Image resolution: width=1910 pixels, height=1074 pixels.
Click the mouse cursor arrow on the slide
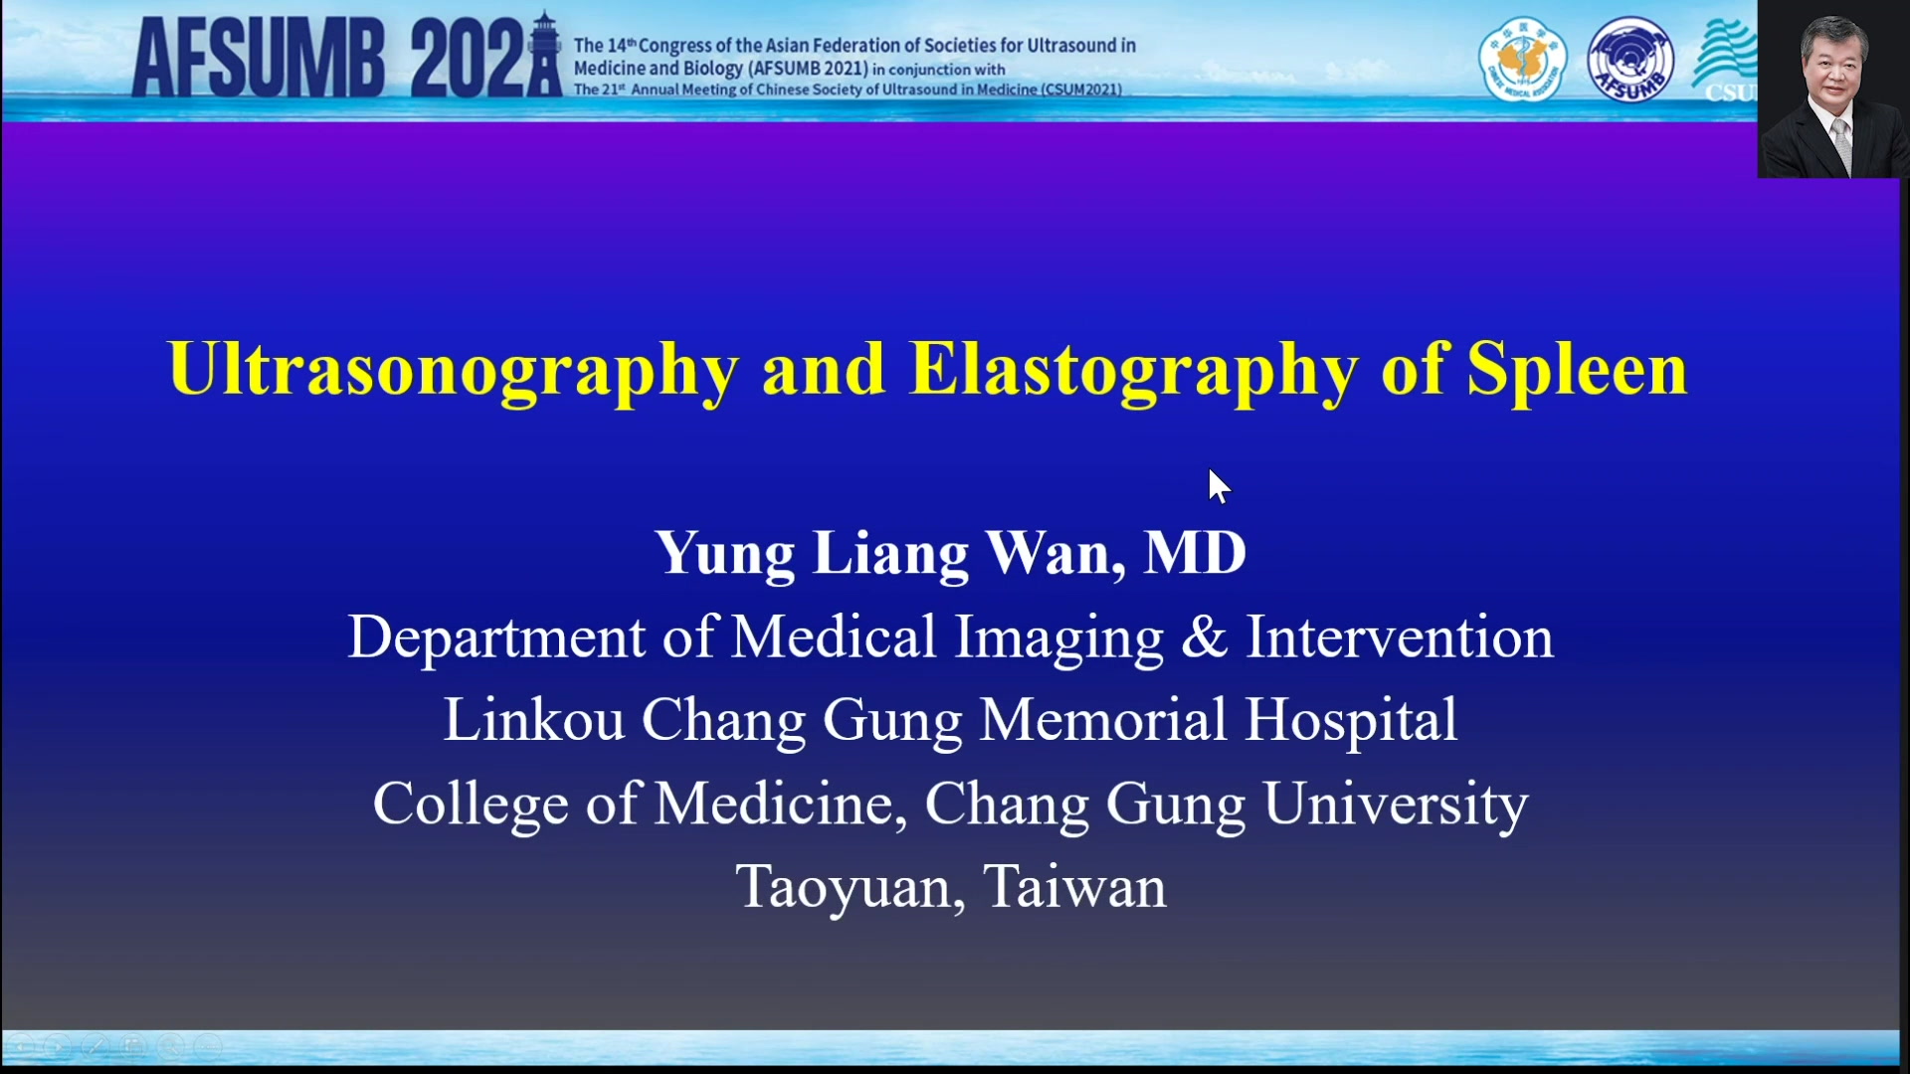click(1219, 486)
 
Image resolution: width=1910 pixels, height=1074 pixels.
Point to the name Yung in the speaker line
click(724, 555)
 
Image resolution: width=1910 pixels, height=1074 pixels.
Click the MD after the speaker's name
click(1195, 553)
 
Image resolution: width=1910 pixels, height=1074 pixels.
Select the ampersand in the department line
click(1205, 637)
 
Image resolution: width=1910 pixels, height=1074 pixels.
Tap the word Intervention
click(1400, 636)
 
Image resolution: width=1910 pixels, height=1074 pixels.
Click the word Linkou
click(534, 719)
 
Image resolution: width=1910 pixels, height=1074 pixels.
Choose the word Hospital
click(1351, 721)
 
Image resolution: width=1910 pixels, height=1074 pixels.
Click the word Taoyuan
click(851, 888)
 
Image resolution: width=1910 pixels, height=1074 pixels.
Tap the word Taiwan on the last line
click(1074, 886)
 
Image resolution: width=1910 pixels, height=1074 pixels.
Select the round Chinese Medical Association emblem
click(1522, 60)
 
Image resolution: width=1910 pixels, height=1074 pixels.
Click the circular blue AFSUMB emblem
click(1630, 60)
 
